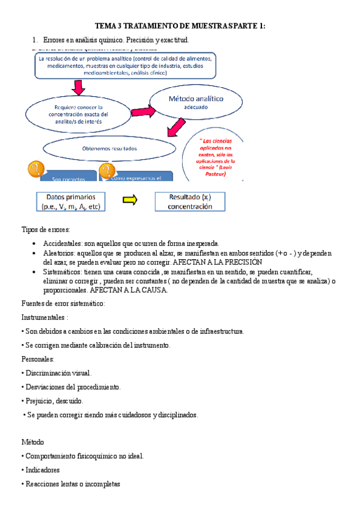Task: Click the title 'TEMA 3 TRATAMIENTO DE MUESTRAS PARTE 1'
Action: [x=180, y=26]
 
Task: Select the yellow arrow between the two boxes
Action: [x=129, y=201]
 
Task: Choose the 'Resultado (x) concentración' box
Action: [x=190, y=201]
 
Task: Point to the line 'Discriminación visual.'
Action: [x=58, y=373]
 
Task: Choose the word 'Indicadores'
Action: [x=43, y=470]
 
